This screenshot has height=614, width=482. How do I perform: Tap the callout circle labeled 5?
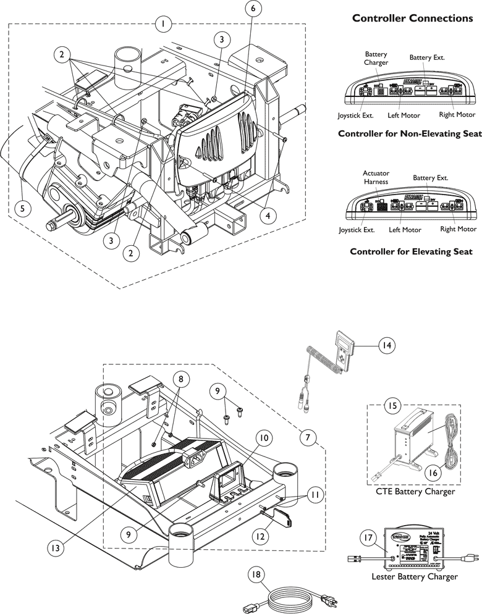click(22, 208)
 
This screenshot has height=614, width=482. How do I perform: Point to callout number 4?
click(266, 216)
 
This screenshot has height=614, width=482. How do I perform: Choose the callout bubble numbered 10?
click(263, 438)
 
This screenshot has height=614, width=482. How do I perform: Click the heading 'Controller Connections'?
click(412, 18)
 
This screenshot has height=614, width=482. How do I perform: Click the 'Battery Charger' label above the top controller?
click(376, 59)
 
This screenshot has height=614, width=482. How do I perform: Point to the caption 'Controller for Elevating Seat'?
click(411, 251)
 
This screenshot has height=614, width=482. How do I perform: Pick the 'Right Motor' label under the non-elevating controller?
click(457, 115)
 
